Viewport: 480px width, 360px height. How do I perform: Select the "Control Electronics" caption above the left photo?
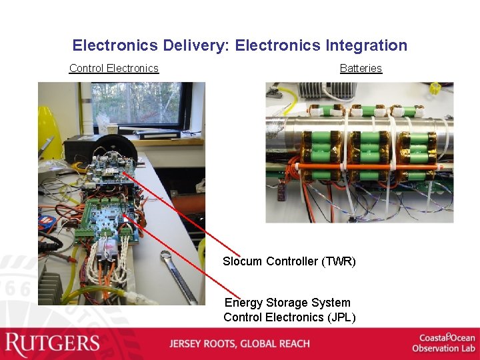pos(114,68)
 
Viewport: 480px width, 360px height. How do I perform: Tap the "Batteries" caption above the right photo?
pos(361,68)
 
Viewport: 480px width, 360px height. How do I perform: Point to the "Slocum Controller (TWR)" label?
pos(289,261)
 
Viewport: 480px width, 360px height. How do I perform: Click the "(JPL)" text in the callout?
pos(341,317)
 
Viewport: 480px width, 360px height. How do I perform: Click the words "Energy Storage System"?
pos(287,303)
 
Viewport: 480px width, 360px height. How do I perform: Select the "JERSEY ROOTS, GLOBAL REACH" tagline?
pos(239,344)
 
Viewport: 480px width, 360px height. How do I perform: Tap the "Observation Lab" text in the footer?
pos(443,349)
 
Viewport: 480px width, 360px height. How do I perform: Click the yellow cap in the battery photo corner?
pos(436,88)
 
